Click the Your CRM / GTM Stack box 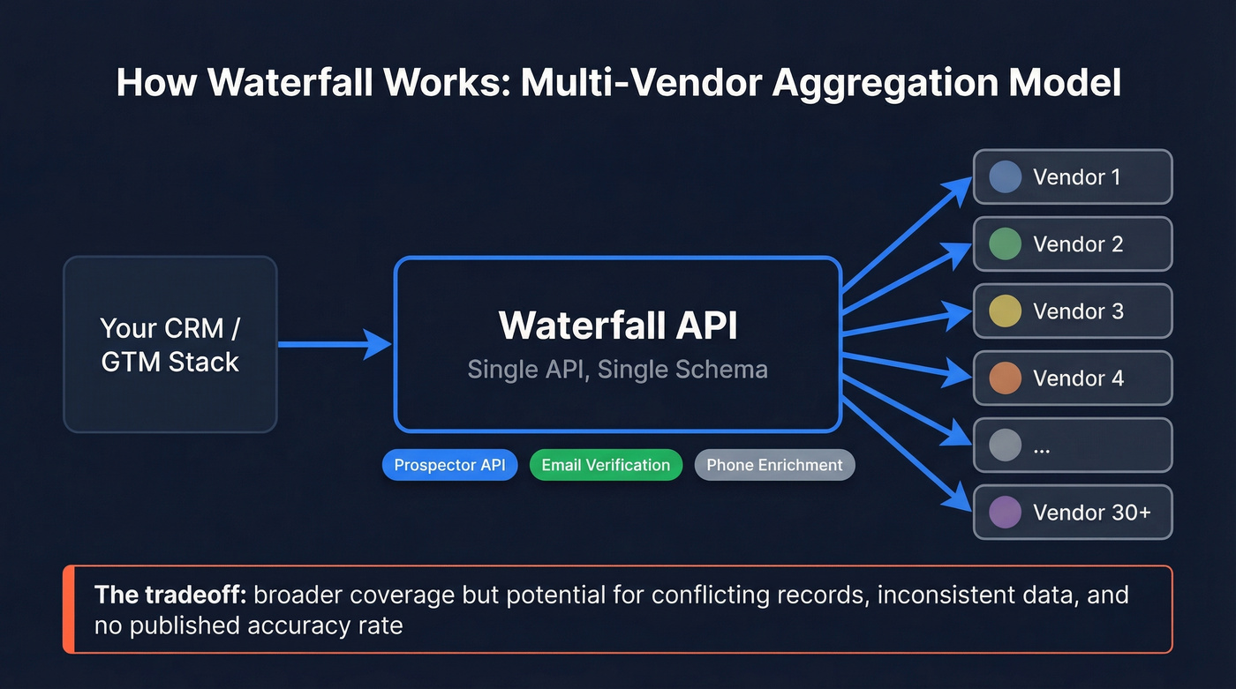click(x=170, y=344)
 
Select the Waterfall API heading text click(x=617, y=325)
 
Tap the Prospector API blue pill click(x=449, y=465)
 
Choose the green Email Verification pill click(x=606, y=465)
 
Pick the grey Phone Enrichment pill click(x=774, y=465)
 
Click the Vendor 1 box click(x=1072, y=176)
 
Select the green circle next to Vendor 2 click(x=1005, y=244)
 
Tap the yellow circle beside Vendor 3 click(x=1005, y=311)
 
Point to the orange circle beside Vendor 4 click(x=1005, y=378)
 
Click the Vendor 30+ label click(x=1091, y=513)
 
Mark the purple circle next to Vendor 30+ click(x=1005, y=513)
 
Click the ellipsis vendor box click(x=1072, y=446)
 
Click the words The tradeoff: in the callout click(x=170, y=595)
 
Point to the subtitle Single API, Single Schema click(x=617, y=369)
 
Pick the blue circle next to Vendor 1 click(x=1005, y=176)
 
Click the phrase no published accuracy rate click(x=248, y=626)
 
